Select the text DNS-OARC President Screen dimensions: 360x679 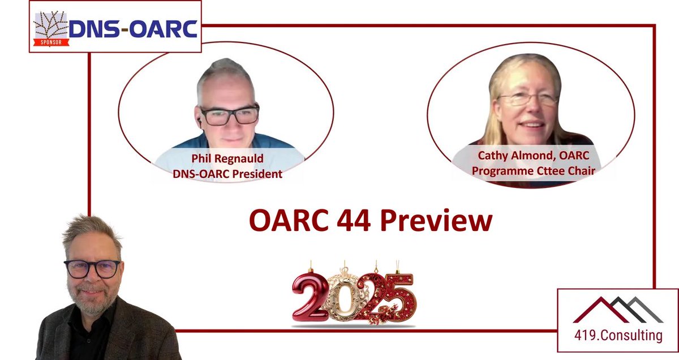[x=227, y=174]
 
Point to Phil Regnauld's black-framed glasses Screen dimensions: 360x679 [x=229, y=115]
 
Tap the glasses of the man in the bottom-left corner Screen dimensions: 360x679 [x=92, y=268]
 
